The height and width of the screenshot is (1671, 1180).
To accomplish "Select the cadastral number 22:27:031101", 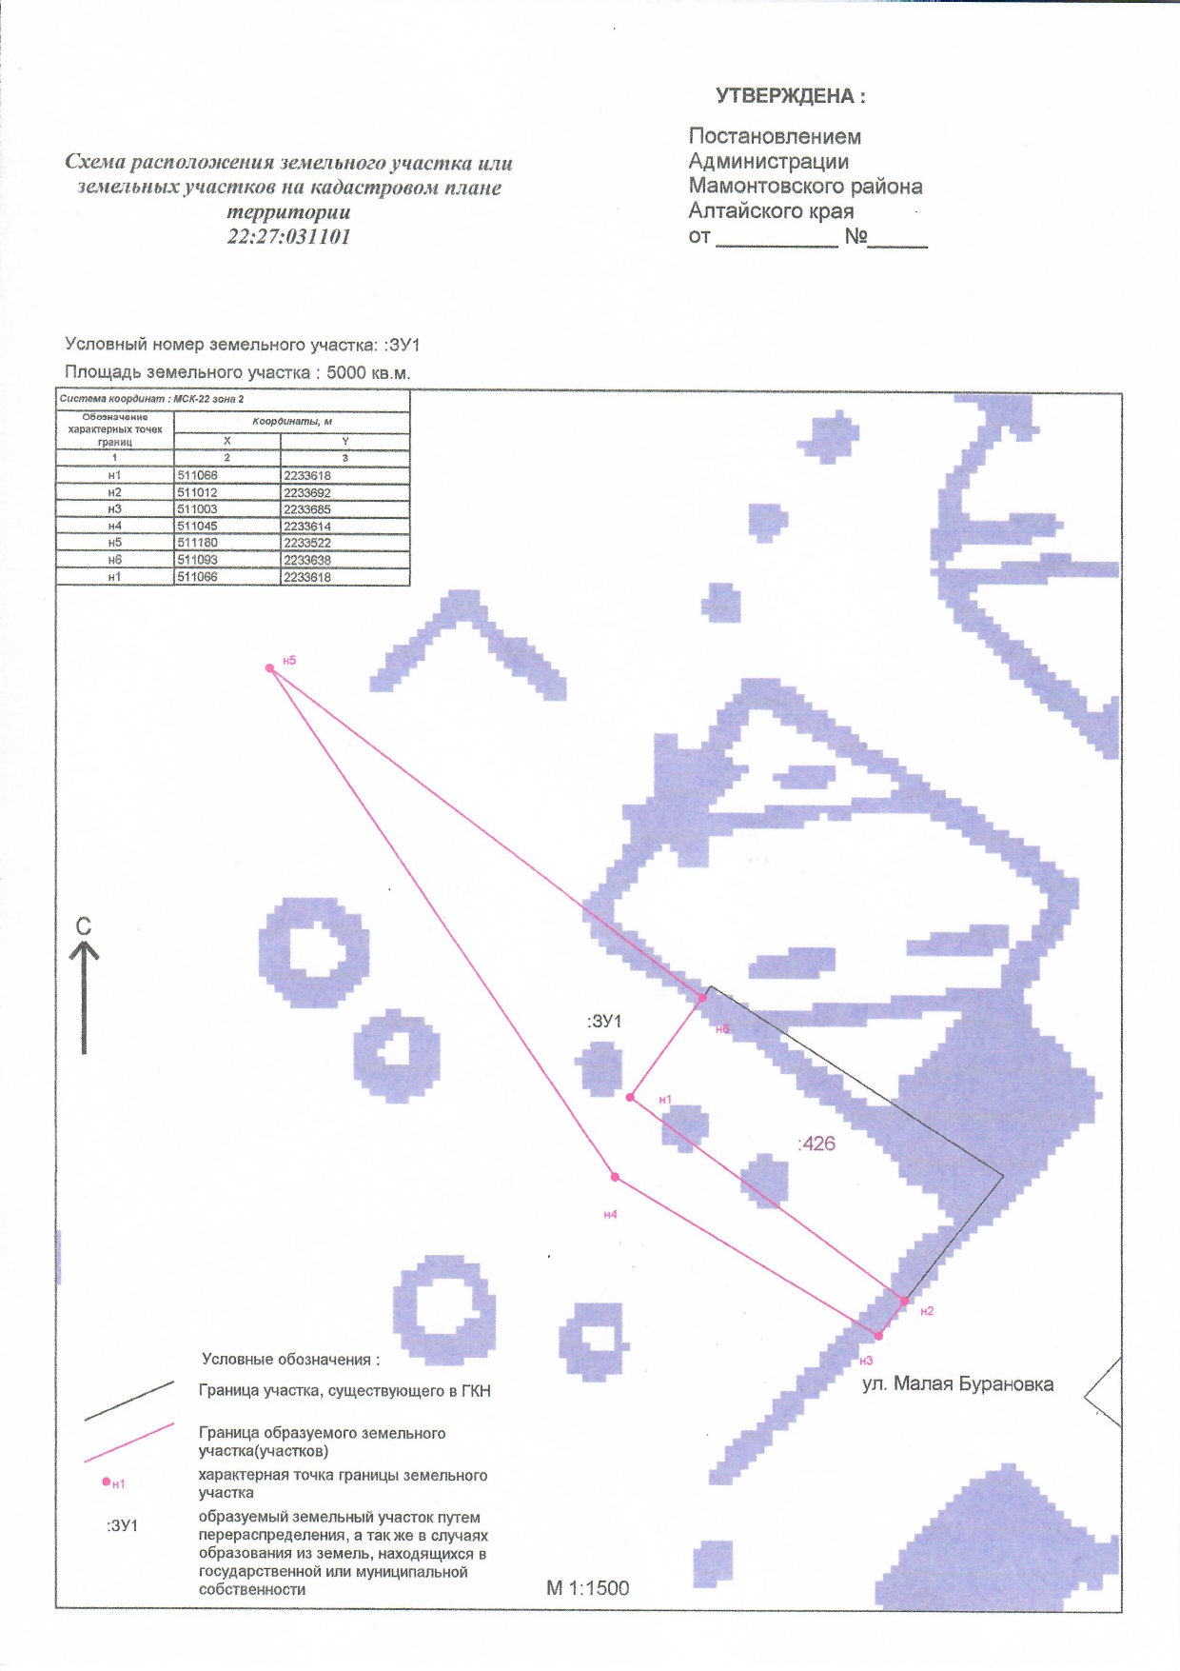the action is pos(288,236).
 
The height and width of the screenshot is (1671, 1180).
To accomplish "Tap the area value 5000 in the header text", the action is pos(346,372).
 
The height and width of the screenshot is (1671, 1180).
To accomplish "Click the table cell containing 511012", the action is pos(227,492).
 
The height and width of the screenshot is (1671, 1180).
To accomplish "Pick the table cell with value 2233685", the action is pos(345,509).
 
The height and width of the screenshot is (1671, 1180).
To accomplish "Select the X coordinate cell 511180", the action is pos(227,543).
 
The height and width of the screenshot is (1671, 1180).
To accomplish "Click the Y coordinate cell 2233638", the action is pos(345,560).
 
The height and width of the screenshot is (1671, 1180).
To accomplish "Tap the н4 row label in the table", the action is pos(115,527).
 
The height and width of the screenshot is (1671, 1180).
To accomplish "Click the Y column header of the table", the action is pos(345,441).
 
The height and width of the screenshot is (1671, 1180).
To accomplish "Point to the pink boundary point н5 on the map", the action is pos(270,668).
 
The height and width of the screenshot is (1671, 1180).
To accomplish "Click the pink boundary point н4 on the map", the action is pos(615,1177).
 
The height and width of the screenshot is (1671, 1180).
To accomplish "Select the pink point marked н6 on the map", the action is pos(702,998).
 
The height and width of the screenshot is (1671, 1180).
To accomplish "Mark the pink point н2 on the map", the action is pos(904,1301).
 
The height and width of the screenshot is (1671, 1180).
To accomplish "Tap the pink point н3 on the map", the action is pos(877,1336).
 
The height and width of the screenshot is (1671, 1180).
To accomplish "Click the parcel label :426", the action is pos(816,1144).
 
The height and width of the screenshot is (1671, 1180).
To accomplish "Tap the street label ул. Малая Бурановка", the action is pos(958,1384).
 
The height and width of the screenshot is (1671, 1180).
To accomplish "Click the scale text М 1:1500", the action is pos(588,1588).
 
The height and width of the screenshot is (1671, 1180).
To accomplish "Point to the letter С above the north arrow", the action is pos(84,926).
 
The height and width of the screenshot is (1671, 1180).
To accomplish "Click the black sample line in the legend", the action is pos(129,1401).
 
